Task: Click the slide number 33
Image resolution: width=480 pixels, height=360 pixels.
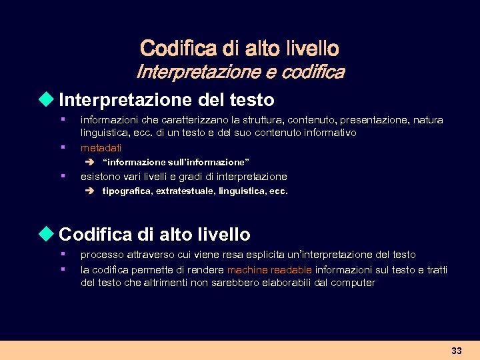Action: pos(456,351)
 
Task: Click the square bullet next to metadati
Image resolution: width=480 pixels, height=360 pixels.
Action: pos(61,146)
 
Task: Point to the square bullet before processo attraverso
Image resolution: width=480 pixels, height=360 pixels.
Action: pos(61,254)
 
